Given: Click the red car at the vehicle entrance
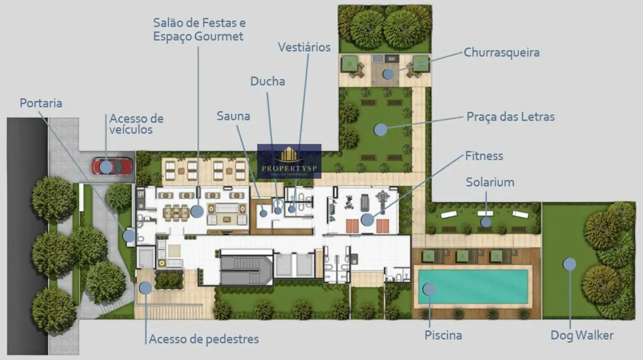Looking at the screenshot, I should coord(112,166).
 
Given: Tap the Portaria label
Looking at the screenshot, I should coord(41,103).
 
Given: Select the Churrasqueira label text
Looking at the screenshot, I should coord(501,53).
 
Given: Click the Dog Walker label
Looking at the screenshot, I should coord(582,335).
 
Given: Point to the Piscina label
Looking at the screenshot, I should coord(443,335).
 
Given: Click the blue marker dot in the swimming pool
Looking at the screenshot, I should coord(429,289).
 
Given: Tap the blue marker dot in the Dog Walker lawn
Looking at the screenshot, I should coord(569,264).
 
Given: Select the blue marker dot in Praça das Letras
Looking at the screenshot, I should coord(380,130).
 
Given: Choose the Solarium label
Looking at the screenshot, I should coord(490,182).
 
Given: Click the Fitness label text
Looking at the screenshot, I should coord(484,156).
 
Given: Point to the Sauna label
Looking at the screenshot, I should coord(233,116).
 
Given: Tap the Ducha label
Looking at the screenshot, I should coord(268,81).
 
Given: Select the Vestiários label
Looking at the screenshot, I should coord(304,47).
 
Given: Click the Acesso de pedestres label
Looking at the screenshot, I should coord(203,338).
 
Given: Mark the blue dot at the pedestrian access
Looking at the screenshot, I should coord(146,287).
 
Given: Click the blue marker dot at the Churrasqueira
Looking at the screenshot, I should coord(388,74).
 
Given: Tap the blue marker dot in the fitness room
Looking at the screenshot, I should coord(367,219).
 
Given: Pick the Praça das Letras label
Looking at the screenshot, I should coord(510,117).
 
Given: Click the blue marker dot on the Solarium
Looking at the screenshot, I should coord(486,222).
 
